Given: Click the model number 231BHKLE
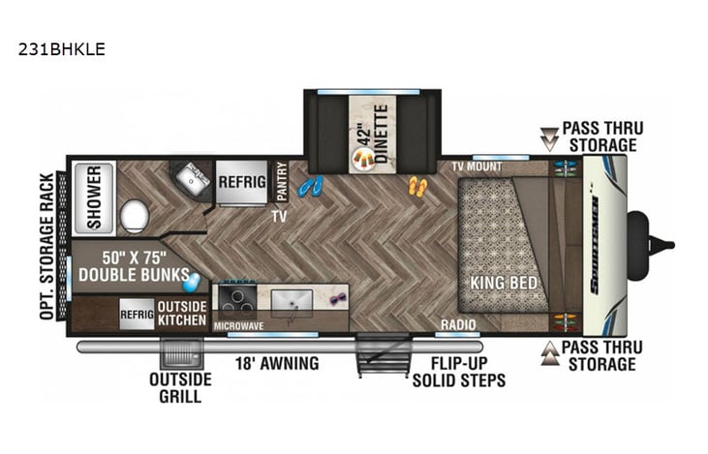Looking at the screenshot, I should (61, 47).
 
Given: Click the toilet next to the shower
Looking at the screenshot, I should (134, 215).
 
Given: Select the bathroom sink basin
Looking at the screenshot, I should (191, 180).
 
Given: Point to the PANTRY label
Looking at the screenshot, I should (282, 182).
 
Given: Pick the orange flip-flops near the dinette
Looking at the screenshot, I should (417, 186).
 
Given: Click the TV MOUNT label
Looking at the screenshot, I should (477, 166).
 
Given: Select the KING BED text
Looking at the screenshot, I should (504, 284).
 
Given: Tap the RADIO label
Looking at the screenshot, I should (457, 324).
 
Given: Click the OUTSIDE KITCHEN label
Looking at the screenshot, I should (182, 314).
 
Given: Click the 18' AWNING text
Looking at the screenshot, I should (277, 364).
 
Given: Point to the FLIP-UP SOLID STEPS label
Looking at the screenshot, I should (458, 373).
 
